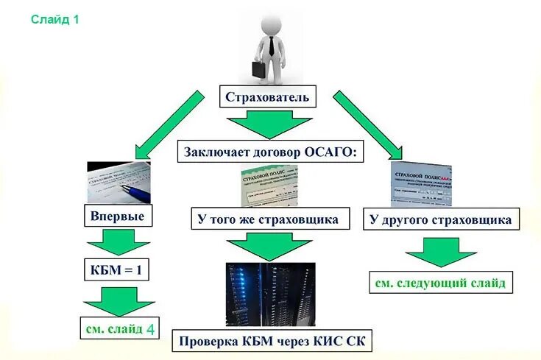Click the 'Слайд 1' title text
[x=54, y=20]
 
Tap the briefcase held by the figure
[x=259, y=70]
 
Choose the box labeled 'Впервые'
[x=118, y=216]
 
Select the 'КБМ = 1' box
[x=118, y=270]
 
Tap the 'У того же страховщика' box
[x=268, y=219]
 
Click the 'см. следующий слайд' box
[x=440, y=283]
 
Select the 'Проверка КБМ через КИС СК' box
[x=272, y=342]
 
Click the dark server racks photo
[x=270, y=294]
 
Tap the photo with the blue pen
[x=119, y=183]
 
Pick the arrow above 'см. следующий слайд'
[x=440, y=251]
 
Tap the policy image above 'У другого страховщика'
[x=421, y=184]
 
